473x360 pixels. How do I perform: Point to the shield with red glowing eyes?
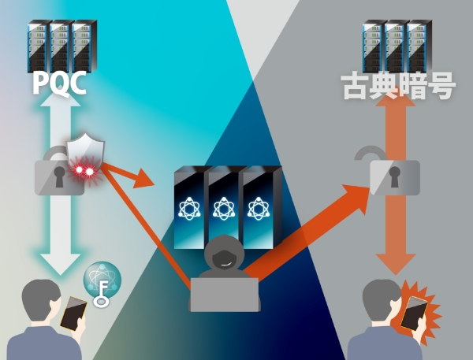[x=84, y=155]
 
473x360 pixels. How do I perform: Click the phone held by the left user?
[x=73, y=314]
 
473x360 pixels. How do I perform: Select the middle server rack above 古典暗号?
[x=397, y=45]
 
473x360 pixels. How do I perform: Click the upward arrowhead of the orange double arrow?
[x=393, y=114]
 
